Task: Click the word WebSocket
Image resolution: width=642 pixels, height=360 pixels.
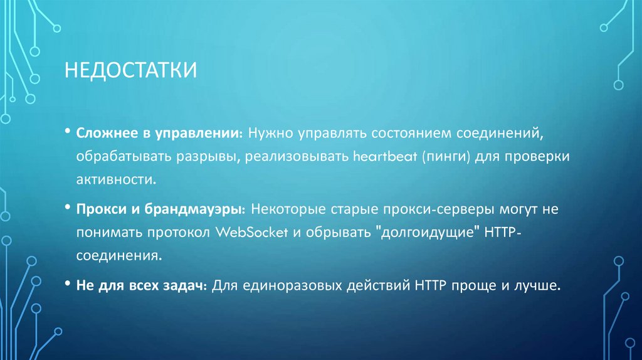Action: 251,231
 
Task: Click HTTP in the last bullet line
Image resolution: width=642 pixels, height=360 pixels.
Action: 429,285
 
